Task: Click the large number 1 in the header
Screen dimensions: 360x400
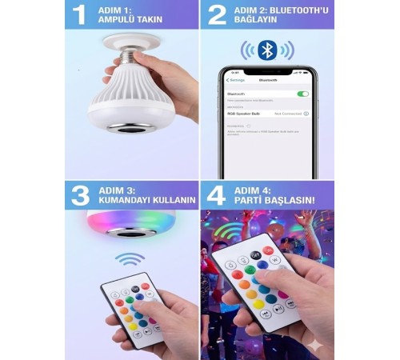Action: click(78, 15)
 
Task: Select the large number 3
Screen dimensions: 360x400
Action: click(78, 194)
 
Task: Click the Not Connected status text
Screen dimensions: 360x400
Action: click(287, 114)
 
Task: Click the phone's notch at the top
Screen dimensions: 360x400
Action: click(267, 71)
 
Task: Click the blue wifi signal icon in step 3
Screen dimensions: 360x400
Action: click(130, 260)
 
